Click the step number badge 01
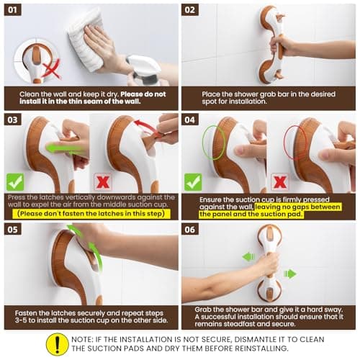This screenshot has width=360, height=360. coord(14,10)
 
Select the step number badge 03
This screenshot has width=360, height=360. coord(14,120)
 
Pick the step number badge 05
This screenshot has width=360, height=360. coord(14,230)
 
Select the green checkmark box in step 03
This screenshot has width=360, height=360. coord(15,181)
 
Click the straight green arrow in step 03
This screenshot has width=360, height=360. coord(61,148)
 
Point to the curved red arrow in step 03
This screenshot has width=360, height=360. coord(148,129)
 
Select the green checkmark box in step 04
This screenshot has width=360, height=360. coord(193,181)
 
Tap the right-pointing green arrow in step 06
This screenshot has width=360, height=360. coord(289,274)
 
